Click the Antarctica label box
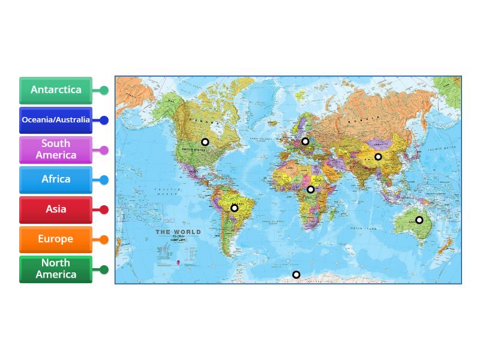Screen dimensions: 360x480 point(56,90)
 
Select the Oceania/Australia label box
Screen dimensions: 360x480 point(56,120)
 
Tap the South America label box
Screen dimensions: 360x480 point(56,149)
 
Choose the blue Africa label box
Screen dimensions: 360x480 point(56,179)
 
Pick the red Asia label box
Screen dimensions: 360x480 point(56,209)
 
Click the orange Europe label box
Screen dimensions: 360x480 point(56,239)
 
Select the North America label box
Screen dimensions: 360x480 point(56,269)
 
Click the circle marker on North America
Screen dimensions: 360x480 point(205,142)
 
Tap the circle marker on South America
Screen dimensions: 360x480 point(235,208)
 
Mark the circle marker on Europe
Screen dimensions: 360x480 point(305,142)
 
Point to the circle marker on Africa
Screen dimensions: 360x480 point(311,190)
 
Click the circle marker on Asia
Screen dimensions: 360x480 point(379,157)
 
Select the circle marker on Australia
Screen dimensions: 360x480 point(419,220)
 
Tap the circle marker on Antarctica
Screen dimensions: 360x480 point(296,275)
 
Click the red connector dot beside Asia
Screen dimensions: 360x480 point(104,210)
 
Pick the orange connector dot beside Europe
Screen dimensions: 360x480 point(104,240)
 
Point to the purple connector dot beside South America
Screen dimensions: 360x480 point(104,150)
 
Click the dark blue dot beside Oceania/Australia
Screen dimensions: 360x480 point(104,120)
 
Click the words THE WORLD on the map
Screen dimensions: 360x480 point(178,232)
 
